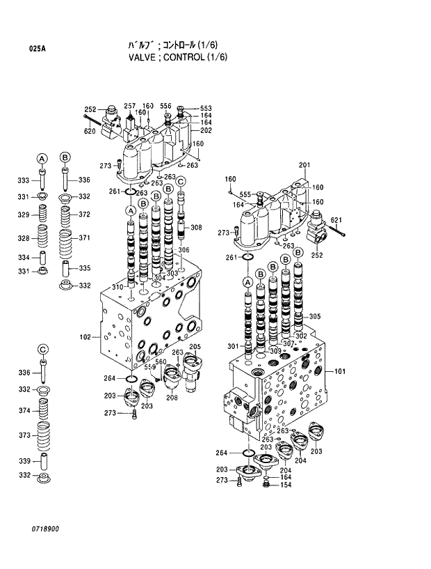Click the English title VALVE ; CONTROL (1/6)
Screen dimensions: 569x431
178,57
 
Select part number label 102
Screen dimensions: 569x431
86,337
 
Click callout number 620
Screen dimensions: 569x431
90,132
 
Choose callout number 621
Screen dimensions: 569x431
337,221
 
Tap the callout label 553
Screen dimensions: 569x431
206,109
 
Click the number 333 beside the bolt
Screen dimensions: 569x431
24,181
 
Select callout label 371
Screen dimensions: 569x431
84,238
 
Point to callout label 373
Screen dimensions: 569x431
24,435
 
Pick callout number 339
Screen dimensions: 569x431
24,461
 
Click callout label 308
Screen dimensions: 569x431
196,228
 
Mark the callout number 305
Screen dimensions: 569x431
315,316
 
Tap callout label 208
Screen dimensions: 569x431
171,398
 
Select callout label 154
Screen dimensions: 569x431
286,485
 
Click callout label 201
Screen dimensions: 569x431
304,165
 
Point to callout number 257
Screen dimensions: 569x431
129,106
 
